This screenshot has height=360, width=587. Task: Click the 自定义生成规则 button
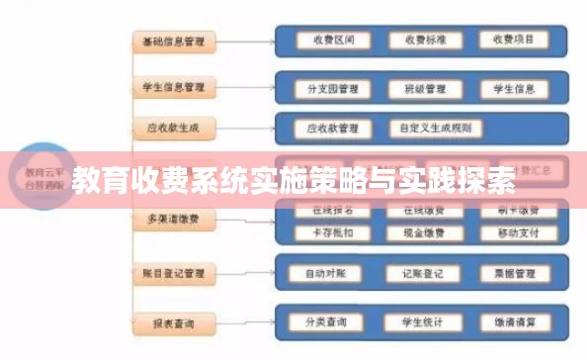[437, 129]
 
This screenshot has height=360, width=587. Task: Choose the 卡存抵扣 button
[326, 233]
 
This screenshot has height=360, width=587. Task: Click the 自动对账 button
[326, 272]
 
